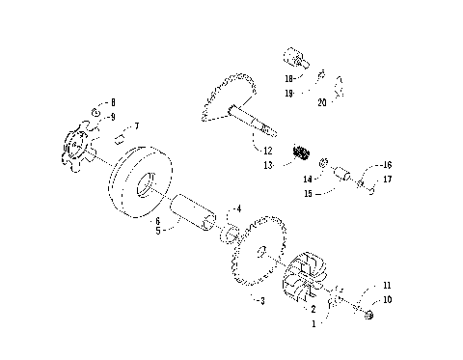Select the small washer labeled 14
click(x=325, y=162)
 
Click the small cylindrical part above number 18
click(x=294, y=53)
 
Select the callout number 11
click(x=385, y=287)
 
